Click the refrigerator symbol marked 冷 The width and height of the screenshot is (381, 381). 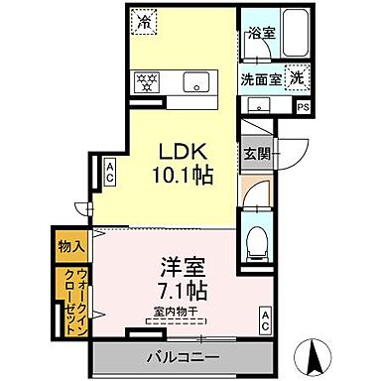(x=145, y=19)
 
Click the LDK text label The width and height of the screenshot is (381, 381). (x=186, y=150)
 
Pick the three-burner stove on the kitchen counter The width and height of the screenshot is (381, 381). (x=147, y=81)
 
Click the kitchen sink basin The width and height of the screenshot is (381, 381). (x=193, y=81)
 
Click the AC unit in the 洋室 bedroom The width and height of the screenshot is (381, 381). (x=266, y=319)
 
